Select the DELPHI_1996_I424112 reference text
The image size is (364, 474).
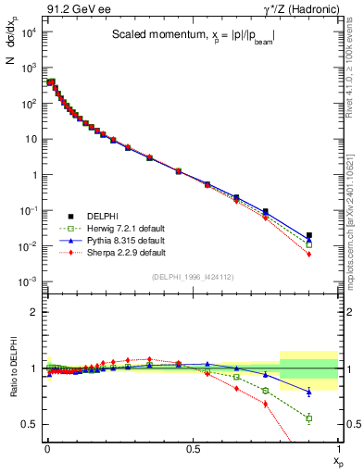(x=192, y=276)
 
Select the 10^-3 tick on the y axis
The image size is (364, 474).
(x=29, y=281)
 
